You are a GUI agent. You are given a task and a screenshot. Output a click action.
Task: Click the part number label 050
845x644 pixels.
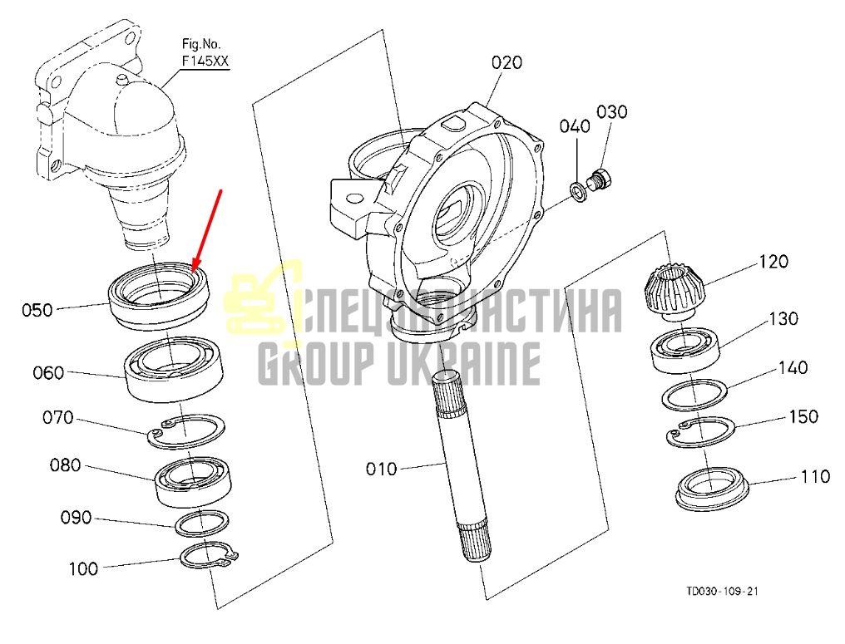pyautogui.click(x=37, y=310)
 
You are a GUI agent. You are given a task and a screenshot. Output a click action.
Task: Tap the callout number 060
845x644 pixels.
pyautogui.click(x=48, y=372)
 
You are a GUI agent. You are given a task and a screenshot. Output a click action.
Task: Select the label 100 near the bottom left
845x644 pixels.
pyautogui.click(x=83, y=568)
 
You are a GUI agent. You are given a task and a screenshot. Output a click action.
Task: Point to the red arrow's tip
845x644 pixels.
pyautogui.click(x=193, y=268)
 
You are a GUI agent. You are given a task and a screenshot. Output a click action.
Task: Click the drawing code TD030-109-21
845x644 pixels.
pyautogui.click(x=722, y=591)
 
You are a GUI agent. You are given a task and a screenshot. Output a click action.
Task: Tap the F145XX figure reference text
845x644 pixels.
pyautogui.click(x=205, y=61)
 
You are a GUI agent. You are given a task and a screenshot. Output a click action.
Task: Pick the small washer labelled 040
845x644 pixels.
pyautogui.click(x=579, y=192)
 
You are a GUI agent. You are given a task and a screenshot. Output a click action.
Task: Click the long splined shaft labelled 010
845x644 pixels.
pyautogui.click(x=462, y=466)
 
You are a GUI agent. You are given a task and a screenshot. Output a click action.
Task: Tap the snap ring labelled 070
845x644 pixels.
pyautogui.click(x=186, y=431)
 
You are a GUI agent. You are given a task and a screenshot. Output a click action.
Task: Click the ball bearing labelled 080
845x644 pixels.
pyautogui.click(x=193, y=481)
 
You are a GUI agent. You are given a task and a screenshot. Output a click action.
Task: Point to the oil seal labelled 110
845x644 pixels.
pyautogui.click(x=712, y=489)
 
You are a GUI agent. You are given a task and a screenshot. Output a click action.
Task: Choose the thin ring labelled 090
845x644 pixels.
pyautogui.click(x=201, y=523)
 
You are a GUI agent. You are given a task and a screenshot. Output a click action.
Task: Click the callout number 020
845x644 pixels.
pyautogui.click(x=507, y=63)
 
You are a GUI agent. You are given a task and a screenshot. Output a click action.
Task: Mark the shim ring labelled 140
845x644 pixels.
pyautogui.click(x=694, y=395)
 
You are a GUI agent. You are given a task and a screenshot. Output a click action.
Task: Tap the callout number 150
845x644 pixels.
pyautogui.click(x=803, y=417)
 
